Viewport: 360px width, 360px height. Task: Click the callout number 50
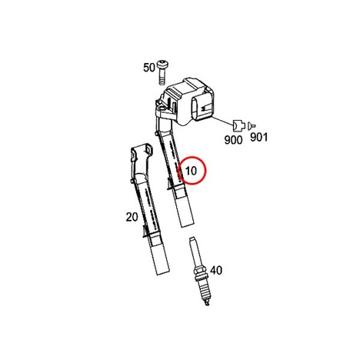pos(149,68)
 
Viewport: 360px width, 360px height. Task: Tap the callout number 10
pos(191,171)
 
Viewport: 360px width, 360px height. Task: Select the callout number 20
pos(132,217)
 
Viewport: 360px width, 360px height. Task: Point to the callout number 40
pos(216,270)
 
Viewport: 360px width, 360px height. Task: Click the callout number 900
pos(233,140)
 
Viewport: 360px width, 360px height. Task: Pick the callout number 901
pos(258,138)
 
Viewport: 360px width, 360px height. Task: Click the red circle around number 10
pos(192,159)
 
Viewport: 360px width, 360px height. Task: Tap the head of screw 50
pos(162,64)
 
